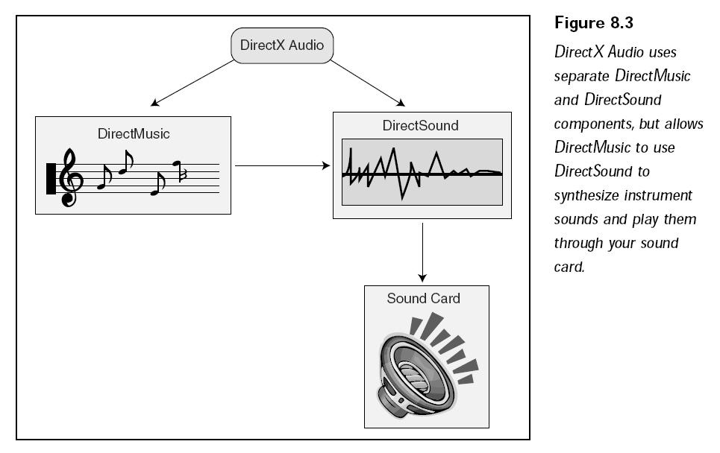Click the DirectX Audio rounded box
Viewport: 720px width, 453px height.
(282, 46)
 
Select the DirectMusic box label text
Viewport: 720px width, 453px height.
(134, 134)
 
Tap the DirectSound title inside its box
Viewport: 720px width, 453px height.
(421, 125)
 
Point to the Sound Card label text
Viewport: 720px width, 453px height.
(423, 299)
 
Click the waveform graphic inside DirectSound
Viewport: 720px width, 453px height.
(422, 172)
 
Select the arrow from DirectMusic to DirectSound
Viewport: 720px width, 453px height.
(282, 165)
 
